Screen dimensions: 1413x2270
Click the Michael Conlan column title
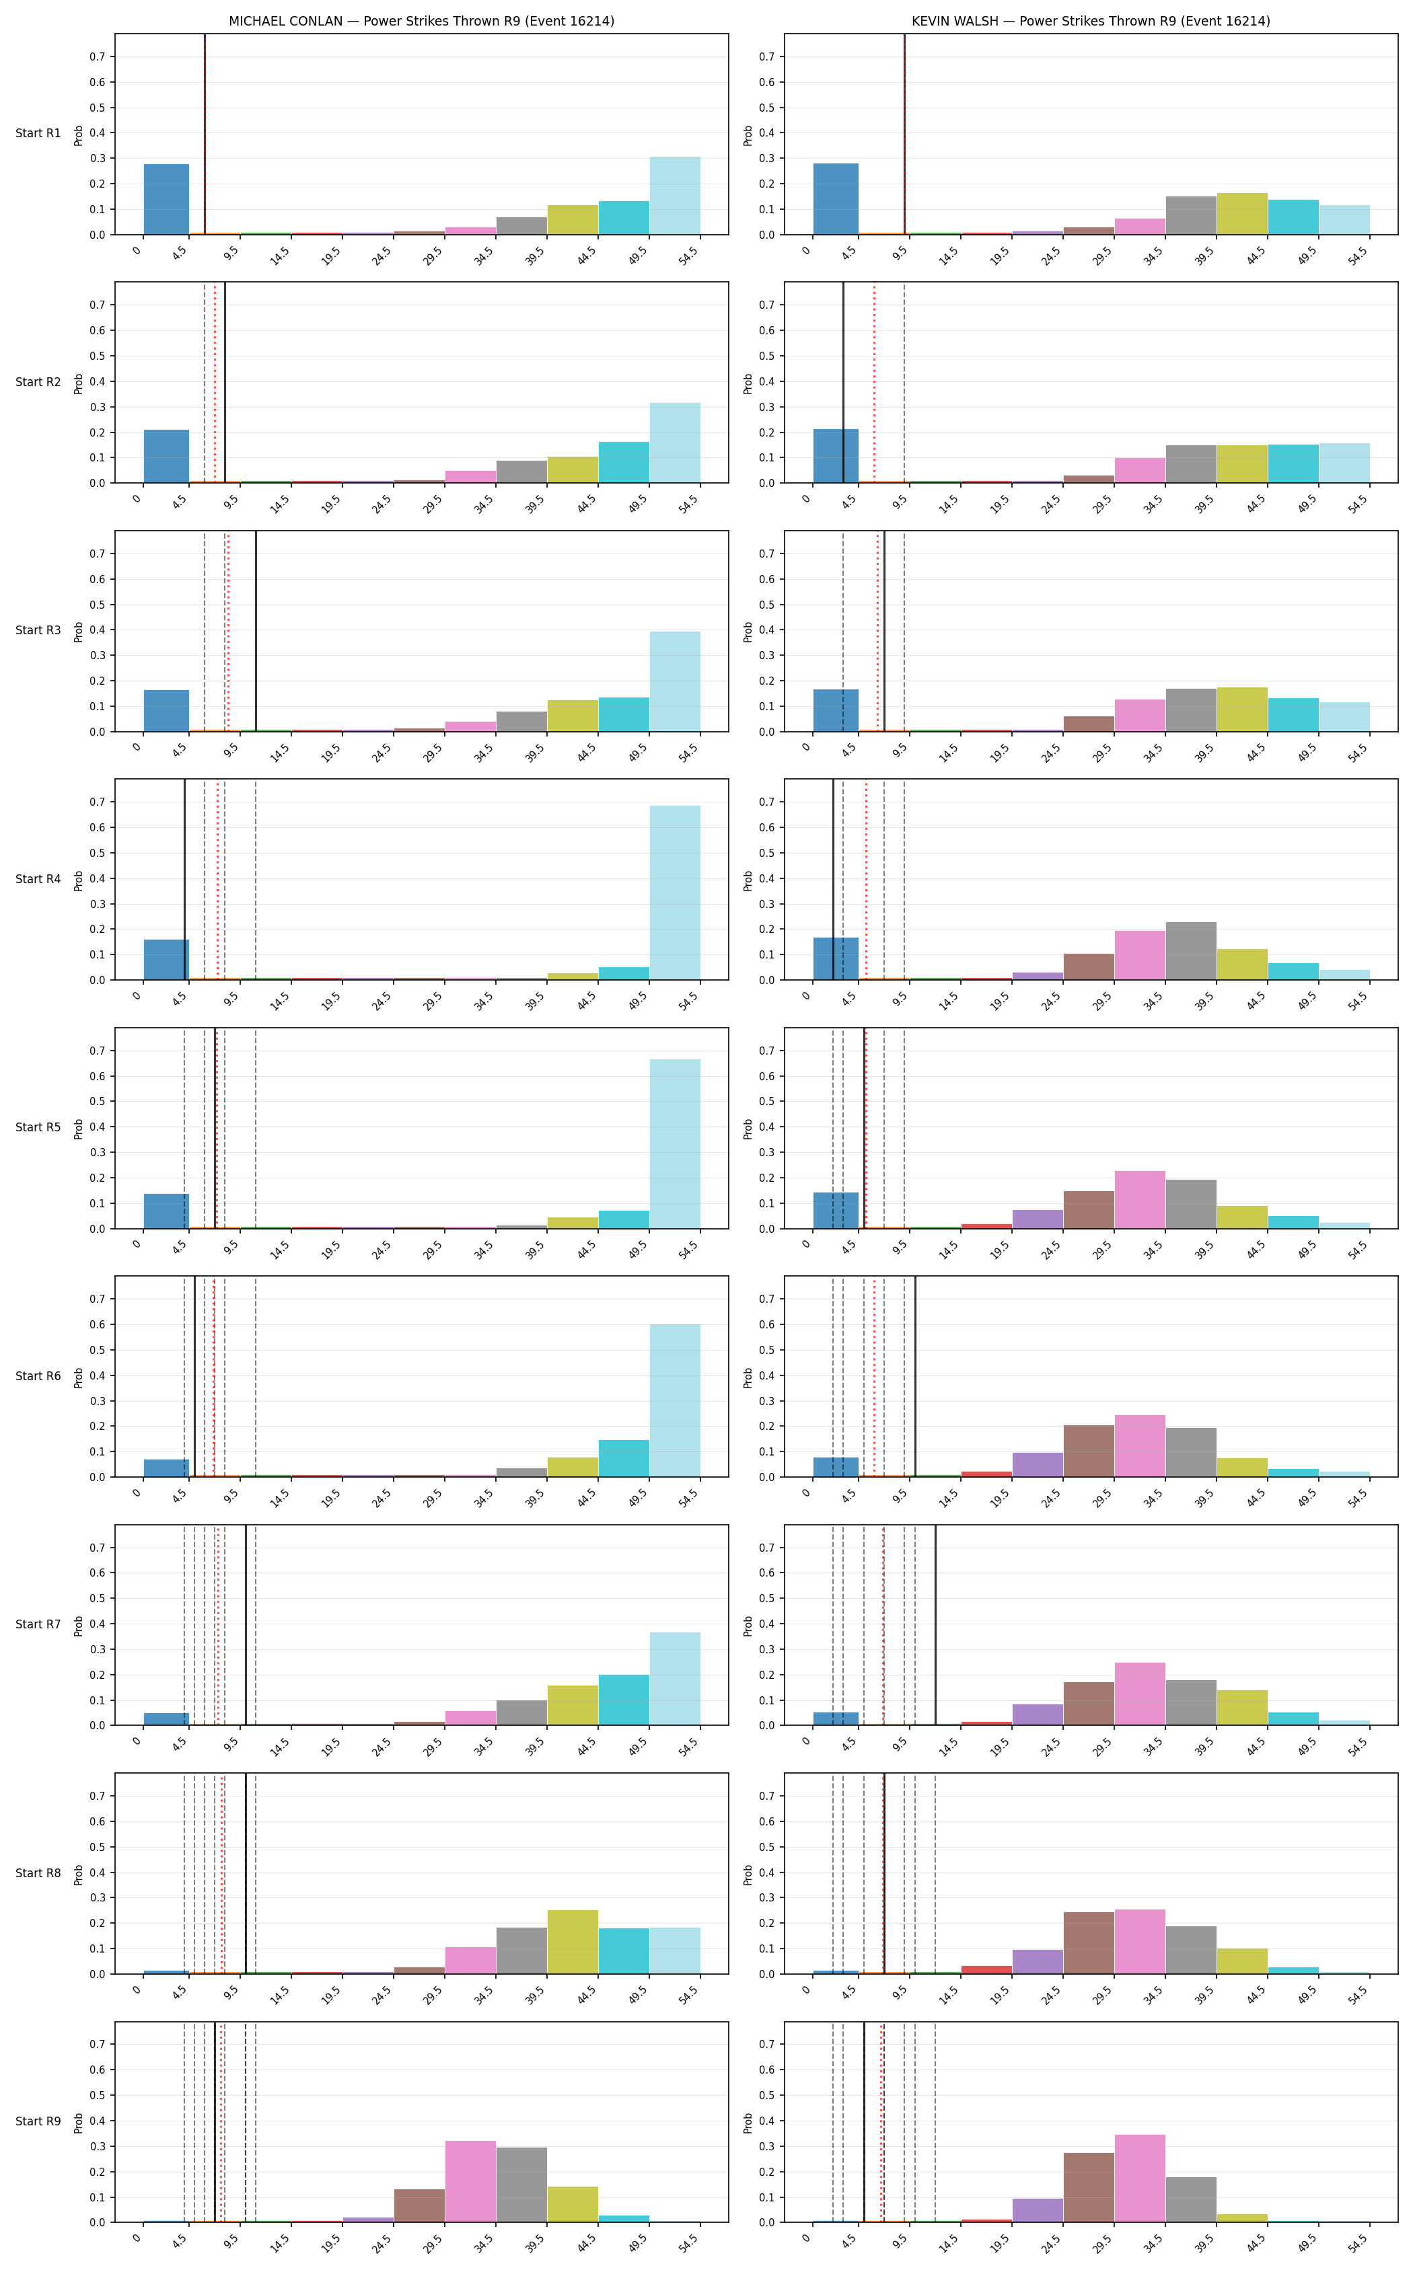[x=421, y=21]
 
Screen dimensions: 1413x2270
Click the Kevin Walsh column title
[x=1091, y=21]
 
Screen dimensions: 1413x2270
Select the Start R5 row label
[x=38, y=1127]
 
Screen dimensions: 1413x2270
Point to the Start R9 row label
[x=38, y=2121]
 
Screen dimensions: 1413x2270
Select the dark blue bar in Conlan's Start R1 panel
[x=166, y=199]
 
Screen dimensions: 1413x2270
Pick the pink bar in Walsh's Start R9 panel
[x=1140, y=2179]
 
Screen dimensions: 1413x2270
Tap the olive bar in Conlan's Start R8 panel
[x=573, y=1942]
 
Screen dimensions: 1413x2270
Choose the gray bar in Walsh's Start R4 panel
[x=1190, y=951]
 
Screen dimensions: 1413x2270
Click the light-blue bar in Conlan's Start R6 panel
[x=675, y=1401]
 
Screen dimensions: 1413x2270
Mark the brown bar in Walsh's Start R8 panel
[x=1089, y=1943]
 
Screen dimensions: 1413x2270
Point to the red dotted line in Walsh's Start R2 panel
[x=875, y=383]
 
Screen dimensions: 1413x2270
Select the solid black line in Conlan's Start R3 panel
[x=256, y=632]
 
